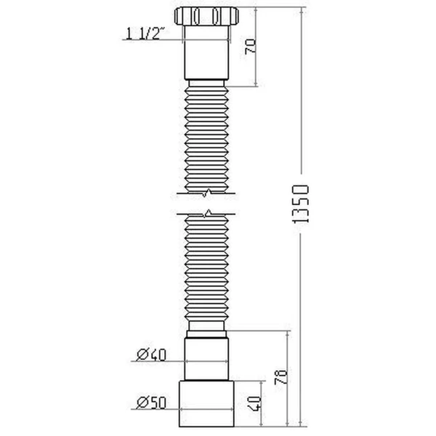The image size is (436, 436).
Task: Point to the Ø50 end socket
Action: pos(209,401)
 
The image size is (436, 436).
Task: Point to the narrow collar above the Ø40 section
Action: pos(209,331)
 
